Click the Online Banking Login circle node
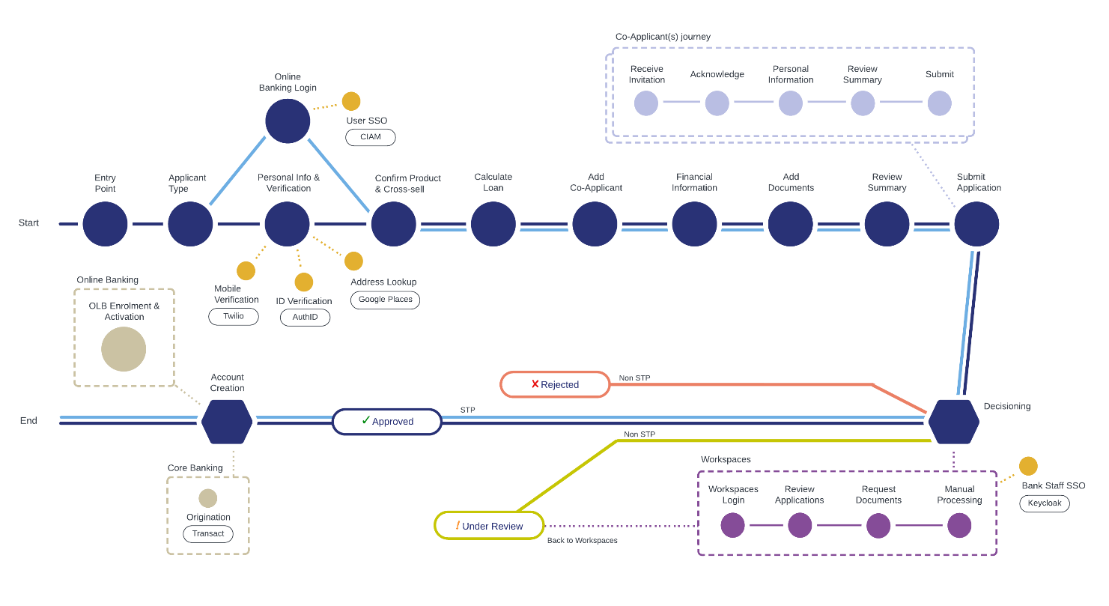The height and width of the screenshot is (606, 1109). tap(288, 121)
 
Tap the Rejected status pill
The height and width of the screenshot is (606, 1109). tap(555, 384)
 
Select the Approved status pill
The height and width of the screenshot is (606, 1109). tap(387, 422)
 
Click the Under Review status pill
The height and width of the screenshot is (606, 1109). tap(489, 526)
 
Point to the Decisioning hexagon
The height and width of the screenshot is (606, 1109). tap(953, 422)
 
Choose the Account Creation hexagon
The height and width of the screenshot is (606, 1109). tap(227, 422)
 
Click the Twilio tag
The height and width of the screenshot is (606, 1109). tap(234, 316)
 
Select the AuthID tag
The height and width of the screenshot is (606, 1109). tap(305, 317)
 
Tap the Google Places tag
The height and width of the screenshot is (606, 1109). tap(385, 300)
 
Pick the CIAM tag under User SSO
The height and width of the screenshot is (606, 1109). tap(370, 137)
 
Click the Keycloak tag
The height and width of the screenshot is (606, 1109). tap(1044, 503)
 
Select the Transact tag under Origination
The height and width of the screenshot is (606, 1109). tap(208, 534)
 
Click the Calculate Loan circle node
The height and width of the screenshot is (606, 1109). tap(493, 224)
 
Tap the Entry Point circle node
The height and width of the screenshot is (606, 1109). tap(105, 224)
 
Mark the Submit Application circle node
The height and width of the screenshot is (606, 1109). tap(976, 224)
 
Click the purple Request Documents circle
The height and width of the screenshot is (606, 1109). tap(878, 525)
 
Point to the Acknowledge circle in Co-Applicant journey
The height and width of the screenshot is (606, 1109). tap(717, 103)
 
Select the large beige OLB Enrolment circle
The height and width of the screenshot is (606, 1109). tap(124, 349)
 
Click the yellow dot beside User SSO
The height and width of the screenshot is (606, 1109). tap(351, 101)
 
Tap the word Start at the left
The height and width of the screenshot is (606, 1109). tap(28, 223)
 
